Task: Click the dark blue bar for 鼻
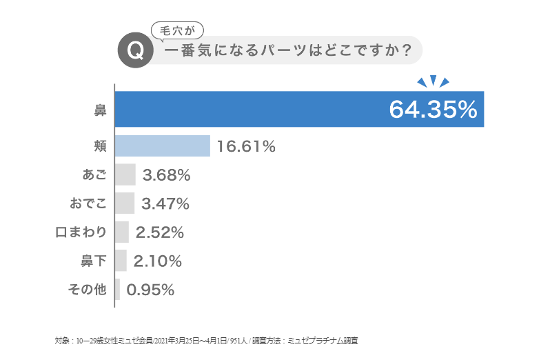248,109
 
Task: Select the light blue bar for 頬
163,146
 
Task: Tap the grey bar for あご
125,175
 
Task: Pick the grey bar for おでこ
125,203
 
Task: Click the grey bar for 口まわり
122,232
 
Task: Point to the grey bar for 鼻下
121,261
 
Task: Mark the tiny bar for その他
118,290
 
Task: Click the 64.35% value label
433,110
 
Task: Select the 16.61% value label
246,146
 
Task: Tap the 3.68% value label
166,175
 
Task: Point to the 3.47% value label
165,203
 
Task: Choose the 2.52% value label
160,232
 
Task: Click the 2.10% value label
158,261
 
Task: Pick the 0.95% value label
150,290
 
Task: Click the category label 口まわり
81,232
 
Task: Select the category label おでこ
88,203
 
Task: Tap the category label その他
88,290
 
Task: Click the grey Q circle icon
136,52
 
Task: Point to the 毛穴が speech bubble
177,30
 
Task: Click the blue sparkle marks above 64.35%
433,81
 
